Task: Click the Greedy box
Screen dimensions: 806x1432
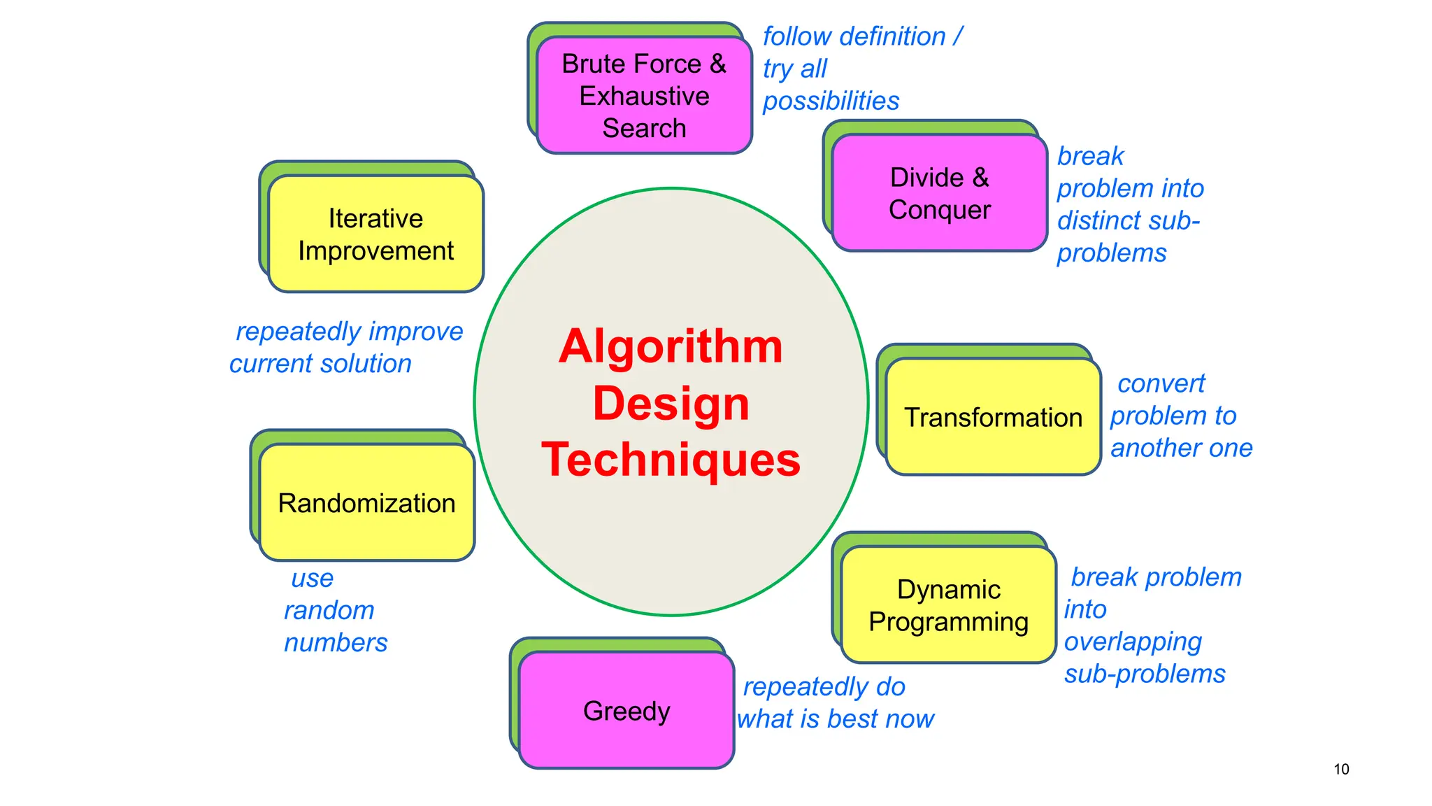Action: click(x=626, y=710)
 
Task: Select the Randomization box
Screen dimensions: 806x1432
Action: click(x=366, y=502)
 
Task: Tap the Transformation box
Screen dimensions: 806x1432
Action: click(x=993, y=417)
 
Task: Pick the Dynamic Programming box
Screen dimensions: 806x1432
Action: click(x=948, y=605)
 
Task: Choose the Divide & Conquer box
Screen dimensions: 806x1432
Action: click(x=939, y=193)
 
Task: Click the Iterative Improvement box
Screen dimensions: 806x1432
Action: click(x=375, y=234)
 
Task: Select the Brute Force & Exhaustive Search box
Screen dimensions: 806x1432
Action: click(x=644, y=95)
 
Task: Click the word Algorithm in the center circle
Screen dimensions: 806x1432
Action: click(x=671, y=346)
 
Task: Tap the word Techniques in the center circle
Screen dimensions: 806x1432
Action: click(x=671, y=460)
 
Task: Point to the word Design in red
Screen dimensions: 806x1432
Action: click(x=671, y=404)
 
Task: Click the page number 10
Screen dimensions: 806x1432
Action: click(x=1341, y=769)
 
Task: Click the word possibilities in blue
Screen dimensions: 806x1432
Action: click(x=831, y=101)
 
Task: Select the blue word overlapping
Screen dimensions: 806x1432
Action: click(x=1133, y=642)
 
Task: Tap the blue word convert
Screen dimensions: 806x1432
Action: click(x=1161, y=383)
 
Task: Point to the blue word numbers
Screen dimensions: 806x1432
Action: click(x=336, y=642)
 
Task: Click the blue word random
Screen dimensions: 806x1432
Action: click(x=329, y=610)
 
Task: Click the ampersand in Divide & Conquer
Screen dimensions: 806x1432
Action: click(x=981, y=177)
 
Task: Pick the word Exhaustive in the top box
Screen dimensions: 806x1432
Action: click(x=644, y=96)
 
